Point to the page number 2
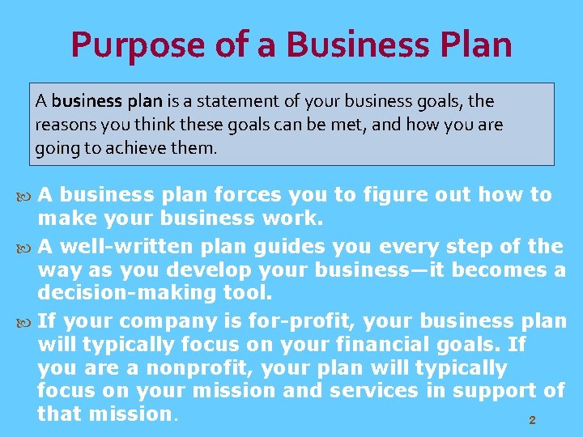pos(532,421)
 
